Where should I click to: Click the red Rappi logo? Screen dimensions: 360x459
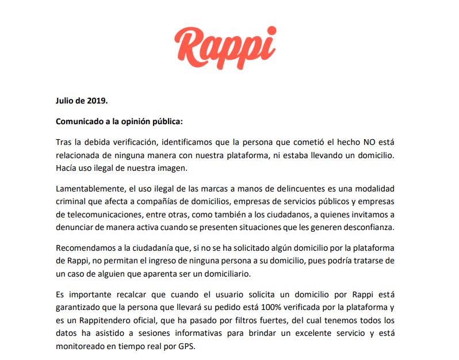pyautogui.click(x=225, y=47)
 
